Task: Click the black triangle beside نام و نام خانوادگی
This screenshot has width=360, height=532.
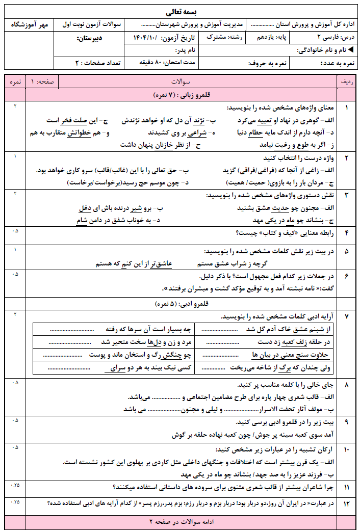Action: [351, 50]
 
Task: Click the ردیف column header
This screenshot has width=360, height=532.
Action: [347, 82]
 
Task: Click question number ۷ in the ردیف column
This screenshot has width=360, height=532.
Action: [347, 316]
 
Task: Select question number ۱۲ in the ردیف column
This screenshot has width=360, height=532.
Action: [347, 504]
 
